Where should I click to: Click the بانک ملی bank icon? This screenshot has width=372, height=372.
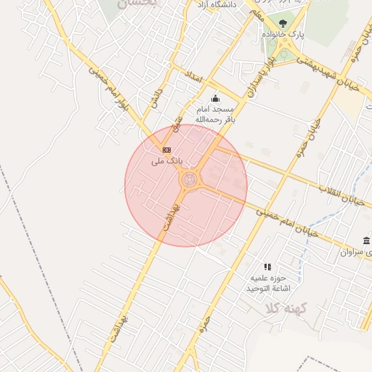(167, 148)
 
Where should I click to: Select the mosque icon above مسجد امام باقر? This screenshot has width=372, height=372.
(214, 99)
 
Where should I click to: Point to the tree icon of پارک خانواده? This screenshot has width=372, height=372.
(283, 24)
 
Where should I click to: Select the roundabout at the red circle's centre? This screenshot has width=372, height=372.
(189, 179)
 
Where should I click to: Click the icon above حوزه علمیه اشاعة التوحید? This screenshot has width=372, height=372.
(267, 267)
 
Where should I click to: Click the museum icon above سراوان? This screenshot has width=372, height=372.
(366, 240)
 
